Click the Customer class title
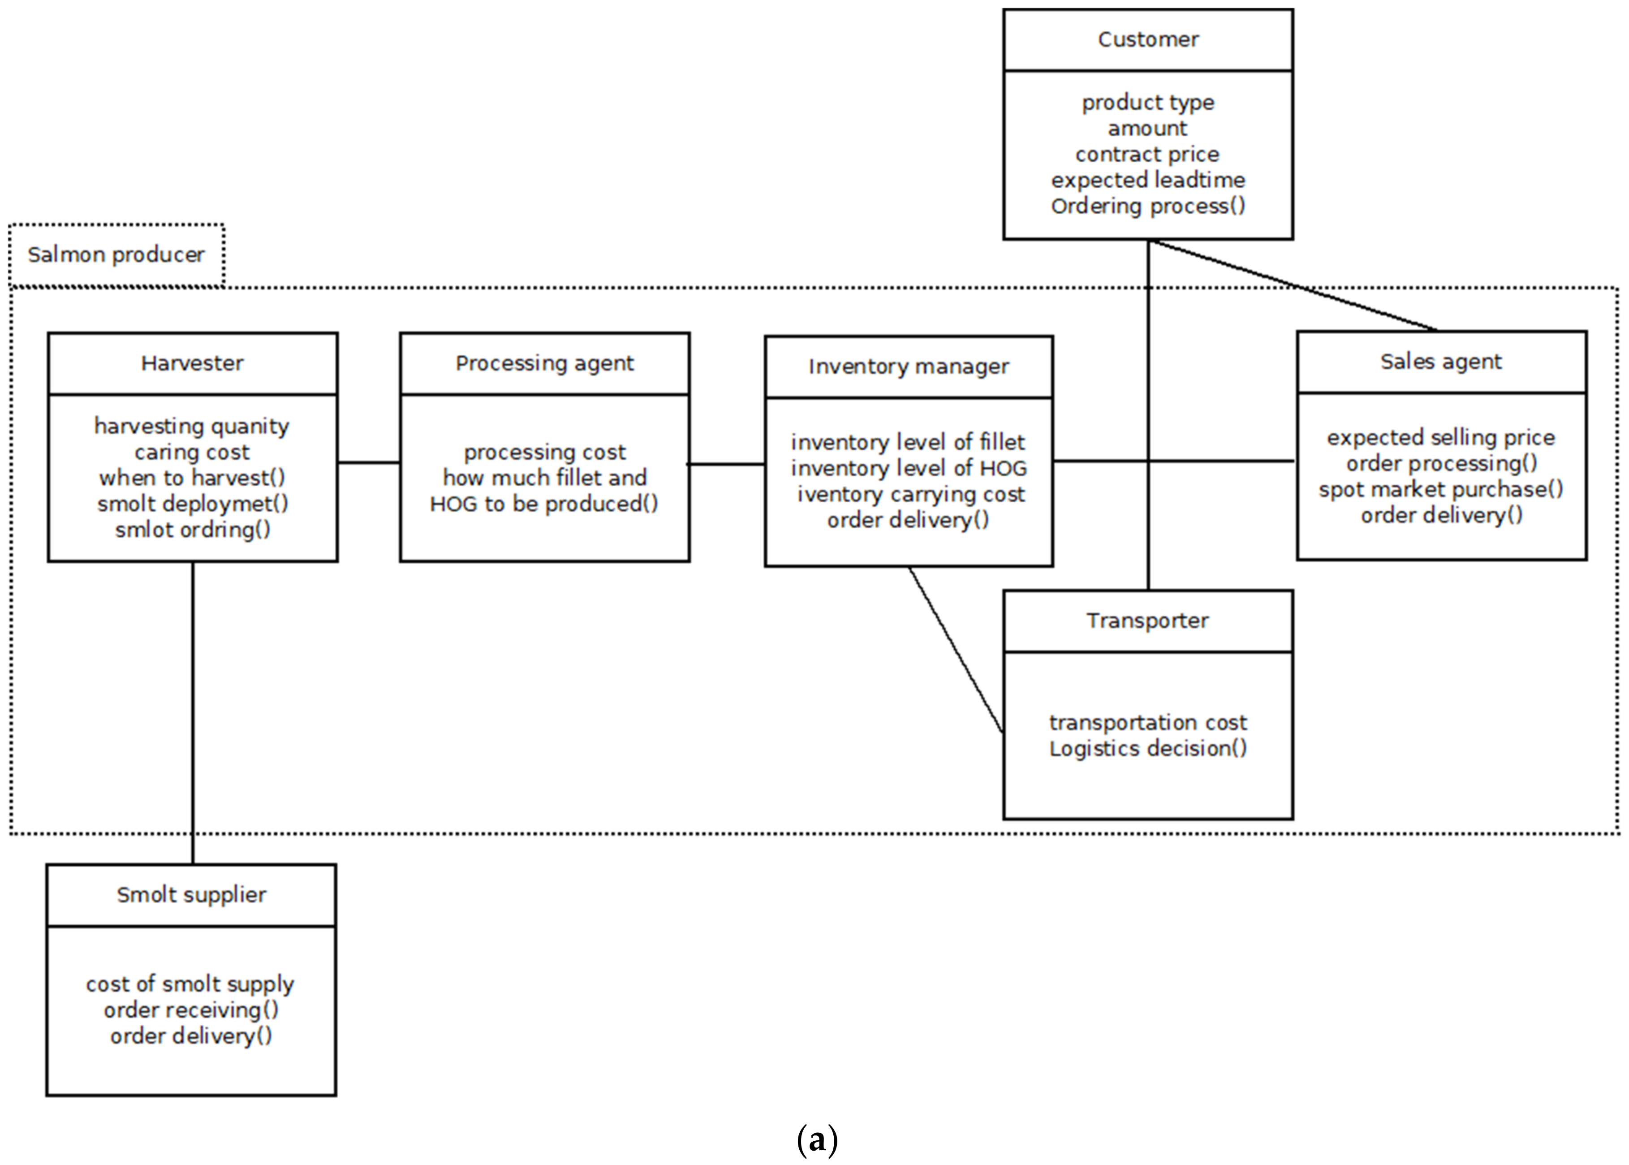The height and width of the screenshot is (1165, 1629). (1148, 39)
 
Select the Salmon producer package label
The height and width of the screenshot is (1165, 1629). (116, 255)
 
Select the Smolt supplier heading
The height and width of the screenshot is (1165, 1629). (191, 894)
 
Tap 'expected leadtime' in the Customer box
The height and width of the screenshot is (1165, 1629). (1148, 180)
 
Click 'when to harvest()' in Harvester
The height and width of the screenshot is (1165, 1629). (192, 478)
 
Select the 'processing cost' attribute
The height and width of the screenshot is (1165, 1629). (544, 452)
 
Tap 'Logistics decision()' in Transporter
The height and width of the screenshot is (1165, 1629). (1148, 748)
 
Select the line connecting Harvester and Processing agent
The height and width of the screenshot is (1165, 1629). (369, 463)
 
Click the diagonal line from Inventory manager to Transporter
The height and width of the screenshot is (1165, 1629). (956, 649)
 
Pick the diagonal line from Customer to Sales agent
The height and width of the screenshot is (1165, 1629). (1291, 285)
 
